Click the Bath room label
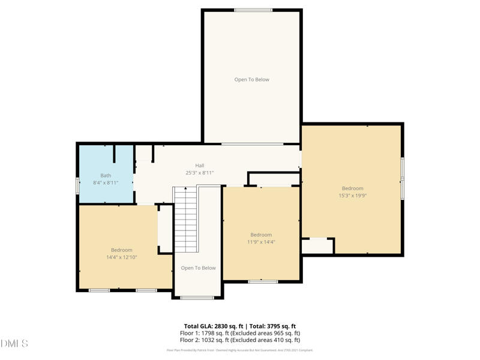106,176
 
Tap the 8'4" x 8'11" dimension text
106,182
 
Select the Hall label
199,166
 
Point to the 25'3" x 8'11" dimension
199,173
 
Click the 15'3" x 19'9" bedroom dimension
352,196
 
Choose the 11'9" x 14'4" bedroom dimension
261,242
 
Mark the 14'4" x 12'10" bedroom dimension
122,257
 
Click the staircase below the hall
185,220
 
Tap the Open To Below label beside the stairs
198,268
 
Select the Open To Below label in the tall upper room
251,80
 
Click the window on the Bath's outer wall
78,185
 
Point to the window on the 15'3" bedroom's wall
403,178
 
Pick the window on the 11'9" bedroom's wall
263,281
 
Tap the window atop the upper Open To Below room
253,10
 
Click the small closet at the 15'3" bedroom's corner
317,246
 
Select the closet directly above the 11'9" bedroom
274,179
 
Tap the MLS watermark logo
14,344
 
